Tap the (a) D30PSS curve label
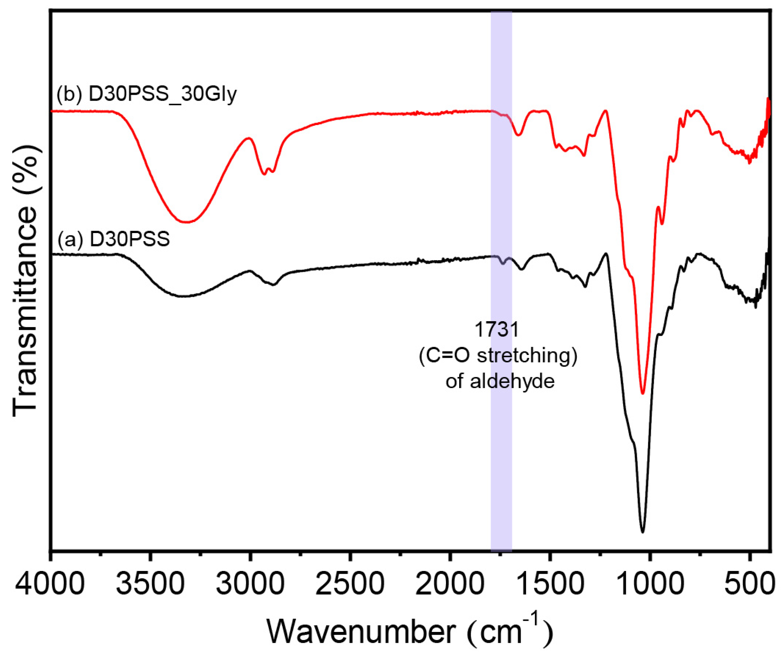point(113,239)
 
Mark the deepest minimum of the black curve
point(642,532)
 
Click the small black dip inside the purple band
point(503,263)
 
